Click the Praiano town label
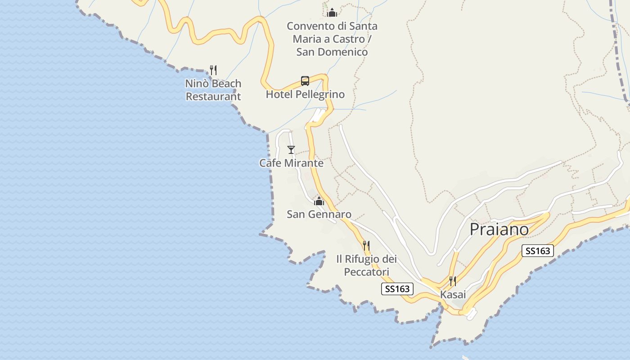click(499, 229)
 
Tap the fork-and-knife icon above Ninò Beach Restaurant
click(213, 70)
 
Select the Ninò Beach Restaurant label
click(213, 90)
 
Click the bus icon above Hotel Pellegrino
click(305, 81)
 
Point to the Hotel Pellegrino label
click(305, 94)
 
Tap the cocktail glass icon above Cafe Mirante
click(291, 150)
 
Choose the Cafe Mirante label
click(291, 163)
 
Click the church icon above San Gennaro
click(319, 201)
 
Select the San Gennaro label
click(319, 214)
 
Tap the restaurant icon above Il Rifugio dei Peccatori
click(366, 246)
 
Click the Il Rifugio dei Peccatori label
click(366, 265)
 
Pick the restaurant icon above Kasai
click(453, 281)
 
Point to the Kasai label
click(453, 295)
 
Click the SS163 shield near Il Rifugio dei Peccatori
click(397, 289)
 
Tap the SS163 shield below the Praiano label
click(538, 251)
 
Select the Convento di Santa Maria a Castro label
click(332, 39)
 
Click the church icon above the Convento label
click(332, 13)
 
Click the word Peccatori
click(366, 272)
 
